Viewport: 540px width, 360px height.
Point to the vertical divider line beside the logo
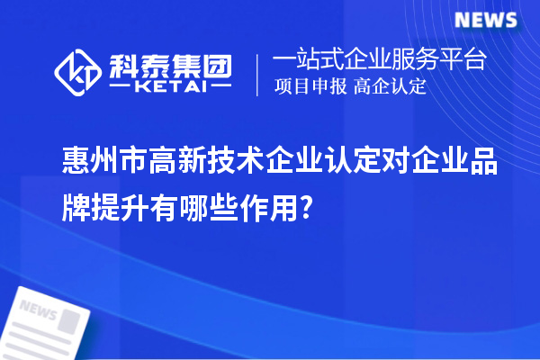258,74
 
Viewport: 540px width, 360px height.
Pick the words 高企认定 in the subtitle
390,88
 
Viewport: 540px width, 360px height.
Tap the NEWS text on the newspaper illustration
37,310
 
